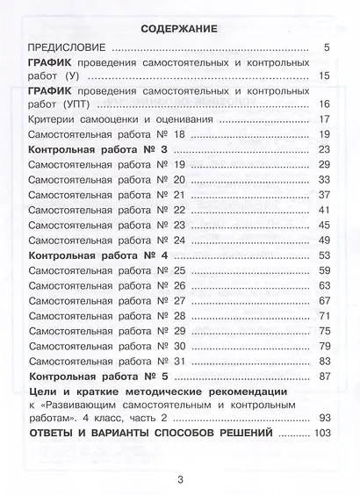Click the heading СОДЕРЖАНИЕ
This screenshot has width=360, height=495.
pyautogui.click(x=179, y=28)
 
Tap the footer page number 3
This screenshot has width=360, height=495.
pyautogui.click(x=179, y=478)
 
